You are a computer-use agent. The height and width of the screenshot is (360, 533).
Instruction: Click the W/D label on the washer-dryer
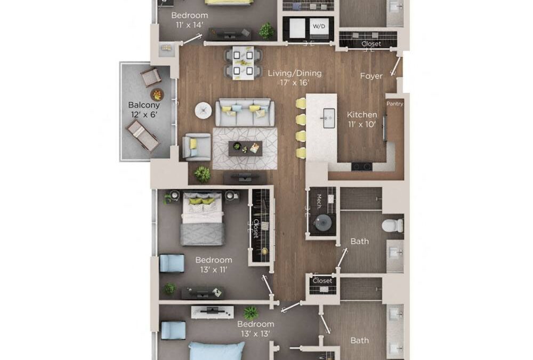click(319, 25)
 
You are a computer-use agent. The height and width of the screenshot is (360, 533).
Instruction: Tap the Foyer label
click(372, 76)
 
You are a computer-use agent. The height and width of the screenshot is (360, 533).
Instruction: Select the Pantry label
click(394, 103)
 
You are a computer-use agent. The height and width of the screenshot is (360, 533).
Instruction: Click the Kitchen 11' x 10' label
click(362, 119)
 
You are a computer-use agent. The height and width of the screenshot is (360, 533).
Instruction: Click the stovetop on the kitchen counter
click(361, 166)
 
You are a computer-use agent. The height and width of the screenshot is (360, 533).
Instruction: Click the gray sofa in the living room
click(245, 111)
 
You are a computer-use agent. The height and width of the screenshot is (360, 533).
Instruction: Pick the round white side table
click(203, 110)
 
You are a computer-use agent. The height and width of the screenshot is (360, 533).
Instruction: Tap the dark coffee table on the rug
click(245, 148)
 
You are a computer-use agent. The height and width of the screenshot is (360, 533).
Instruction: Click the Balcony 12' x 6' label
click(144, 110)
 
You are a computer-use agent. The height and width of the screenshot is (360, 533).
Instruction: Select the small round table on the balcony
click(156, 94)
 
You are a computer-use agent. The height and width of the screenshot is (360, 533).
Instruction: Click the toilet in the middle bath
click(392, 225)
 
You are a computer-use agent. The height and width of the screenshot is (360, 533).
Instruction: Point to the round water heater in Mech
click(323, 222)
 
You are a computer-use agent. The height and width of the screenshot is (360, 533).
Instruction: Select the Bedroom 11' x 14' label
click(189, 20)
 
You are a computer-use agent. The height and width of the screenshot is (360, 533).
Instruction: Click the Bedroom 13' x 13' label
click(256, 329)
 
